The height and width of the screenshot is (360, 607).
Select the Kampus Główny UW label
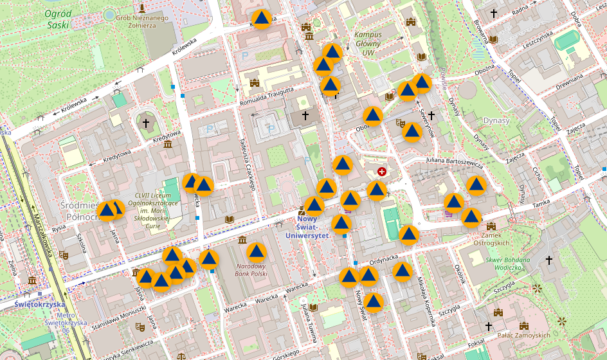pos(368,44)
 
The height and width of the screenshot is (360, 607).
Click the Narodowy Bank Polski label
pos(251,269)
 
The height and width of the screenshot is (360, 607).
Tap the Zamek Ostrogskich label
pos(491,239)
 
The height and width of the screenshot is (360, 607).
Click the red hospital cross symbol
pos(383,172)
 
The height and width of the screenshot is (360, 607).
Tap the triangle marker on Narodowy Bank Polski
pos(257,252)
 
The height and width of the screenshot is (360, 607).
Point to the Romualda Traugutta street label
pos(266,94)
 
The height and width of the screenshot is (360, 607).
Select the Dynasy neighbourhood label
pos(496,120)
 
